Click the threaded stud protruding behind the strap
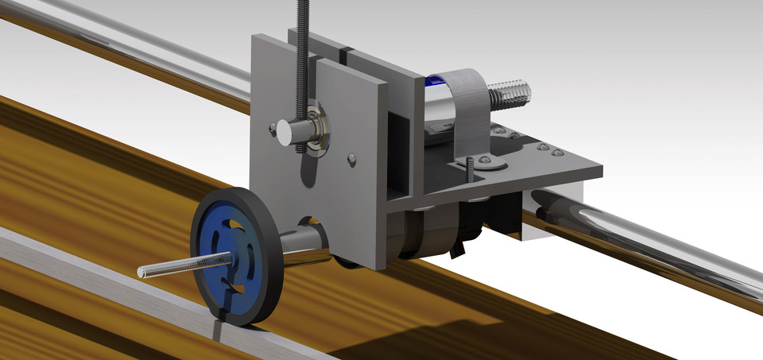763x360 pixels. (x=509, y=95)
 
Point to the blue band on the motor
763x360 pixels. (x=434, y=80)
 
